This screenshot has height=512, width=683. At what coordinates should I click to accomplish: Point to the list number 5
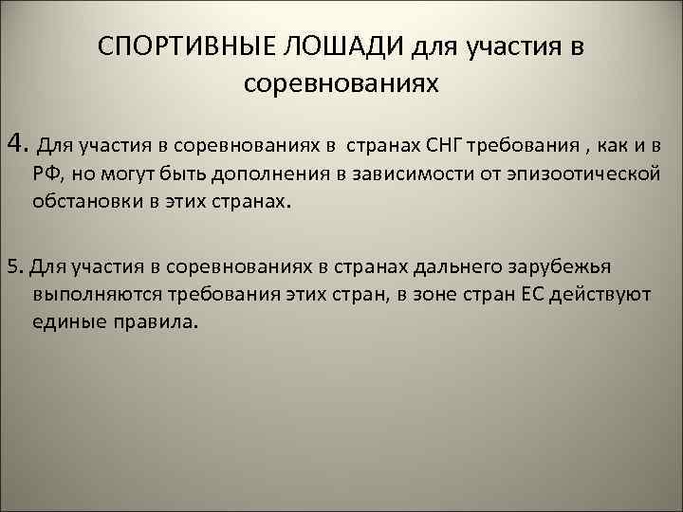click(9, 265)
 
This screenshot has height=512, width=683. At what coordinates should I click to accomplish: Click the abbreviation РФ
click(46, 174)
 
